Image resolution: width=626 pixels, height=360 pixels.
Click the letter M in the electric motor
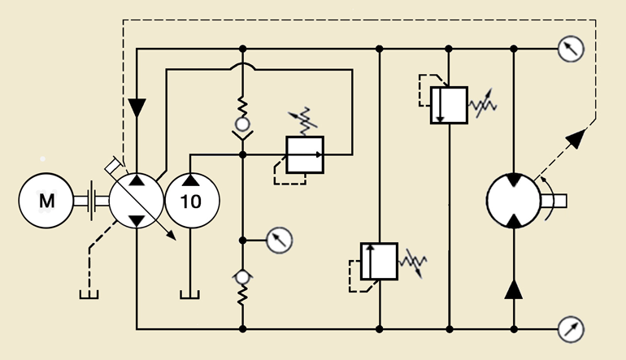[x=47, y=200]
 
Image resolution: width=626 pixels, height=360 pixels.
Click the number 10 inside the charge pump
[x=191, y=201]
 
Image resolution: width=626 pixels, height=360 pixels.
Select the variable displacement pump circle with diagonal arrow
[x=136, y=200]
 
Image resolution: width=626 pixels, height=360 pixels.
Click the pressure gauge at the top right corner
[x=570, y=49]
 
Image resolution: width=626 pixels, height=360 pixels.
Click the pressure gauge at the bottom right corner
[x=570, y=329]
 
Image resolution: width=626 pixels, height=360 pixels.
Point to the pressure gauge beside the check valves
[x=279, y=240]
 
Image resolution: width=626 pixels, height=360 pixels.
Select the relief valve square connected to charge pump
[x=304, y=153]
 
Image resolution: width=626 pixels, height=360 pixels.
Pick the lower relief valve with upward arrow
[x=379, y=261]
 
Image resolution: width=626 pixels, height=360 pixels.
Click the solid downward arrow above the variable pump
[x=137, y=107]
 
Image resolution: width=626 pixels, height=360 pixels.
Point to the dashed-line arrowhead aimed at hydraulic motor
[x=575, y=137]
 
